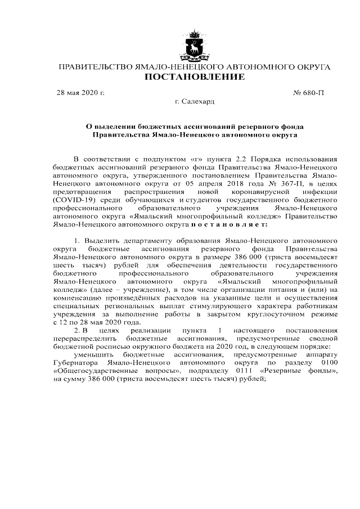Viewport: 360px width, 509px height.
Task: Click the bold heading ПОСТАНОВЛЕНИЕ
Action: click(x=195, y=77)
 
